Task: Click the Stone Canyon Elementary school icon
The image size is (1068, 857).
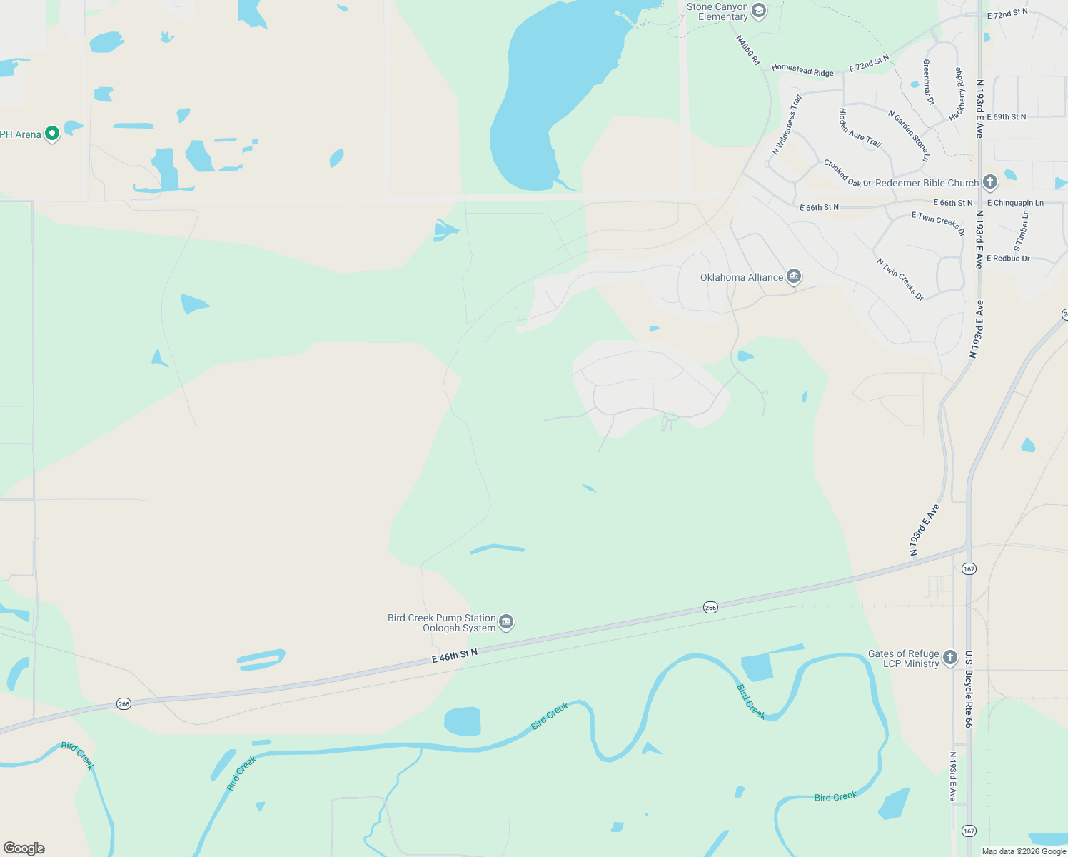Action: pyautogui.click(x=759, y=11)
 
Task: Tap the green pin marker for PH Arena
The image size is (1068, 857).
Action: pyautogui.click(x=51, y=134)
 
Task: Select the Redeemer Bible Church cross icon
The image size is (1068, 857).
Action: pyautogui.click(x=989, y=182)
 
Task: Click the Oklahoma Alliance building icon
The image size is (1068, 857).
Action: pyautogui.click(x=793, y=276)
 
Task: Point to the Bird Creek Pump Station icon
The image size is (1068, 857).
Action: pyautogui.click(x=506, y=622)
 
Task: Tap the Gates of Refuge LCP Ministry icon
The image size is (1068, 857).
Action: pyautogui.click(x=949, y=658)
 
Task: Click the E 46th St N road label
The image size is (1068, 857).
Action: pyautogui.click(x=454, y=656)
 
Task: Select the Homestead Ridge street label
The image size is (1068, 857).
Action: pyautogui.click(x=802, y=70)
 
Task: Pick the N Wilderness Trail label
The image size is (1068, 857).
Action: pyautogui.click(x=787, y=125)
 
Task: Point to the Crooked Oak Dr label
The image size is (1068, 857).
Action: pyautogui.click(x=847, y=174)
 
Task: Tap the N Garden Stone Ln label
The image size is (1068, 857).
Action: pyautogui.click(x=909, y=135)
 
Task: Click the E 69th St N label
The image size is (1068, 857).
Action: pyautogui.click(x=1007, y=116)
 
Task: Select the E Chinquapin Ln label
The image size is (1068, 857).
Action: pyautogui.click(x=1015, y=203)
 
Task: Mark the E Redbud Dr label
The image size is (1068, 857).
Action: pyautogui.click(x=1008, y=259)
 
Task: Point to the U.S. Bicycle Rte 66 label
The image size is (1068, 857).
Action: pyautogui.click(x=969, y=689)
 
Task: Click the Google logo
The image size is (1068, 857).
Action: pyautogui.click(x=24, y=848)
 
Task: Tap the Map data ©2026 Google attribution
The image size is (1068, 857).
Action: pyautogui.click(x=1024, y=851)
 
